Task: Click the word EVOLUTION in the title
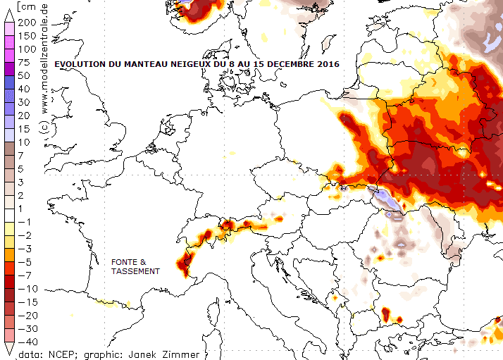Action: (80, 64)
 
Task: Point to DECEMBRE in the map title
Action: (286, 64)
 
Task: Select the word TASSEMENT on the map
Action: (135, 271)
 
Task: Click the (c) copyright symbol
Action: (44, 127)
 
